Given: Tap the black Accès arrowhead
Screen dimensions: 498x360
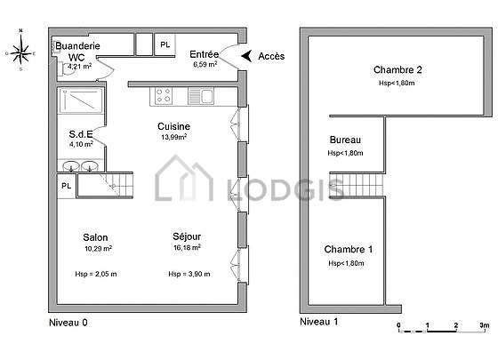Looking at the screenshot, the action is click(x=246, y=56).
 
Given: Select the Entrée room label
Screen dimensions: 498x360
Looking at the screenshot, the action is click(x=205, y=54).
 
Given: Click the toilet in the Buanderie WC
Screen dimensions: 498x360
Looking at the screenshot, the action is click(x=67, y=69).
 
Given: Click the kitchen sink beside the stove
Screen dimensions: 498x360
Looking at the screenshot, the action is click(x=201, y=96).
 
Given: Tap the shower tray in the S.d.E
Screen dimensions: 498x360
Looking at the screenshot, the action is click(x=81, y=100).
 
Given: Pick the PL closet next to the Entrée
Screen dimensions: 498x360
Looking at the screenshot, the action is click(x=165, y=44).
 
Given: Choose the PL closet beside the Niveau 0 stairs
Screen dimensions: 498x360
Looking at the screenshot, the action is click(x=67, y=186).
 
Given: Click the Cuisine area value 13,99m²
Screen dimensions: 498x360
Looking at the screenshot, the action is click(x=173, y=137).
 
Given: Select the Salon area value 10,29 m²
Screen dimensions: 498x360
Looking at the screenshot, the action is click(x=98, y=249).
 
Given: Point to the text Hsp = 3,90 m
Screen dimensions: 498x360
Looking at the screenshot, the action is click(x=189, y=274).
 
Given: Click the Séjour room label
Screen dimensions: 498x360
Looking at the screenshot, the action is click(x=187, y=236).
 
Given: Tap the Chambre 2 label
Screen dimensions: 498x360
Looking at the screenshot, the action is click(x=398, y=69).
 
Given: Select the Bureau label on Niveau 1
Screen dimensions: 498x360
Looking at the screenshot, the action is click(x=345, y=140).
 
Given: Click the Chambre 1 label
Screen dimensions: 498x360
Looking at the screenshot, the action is click(x=349, y=249).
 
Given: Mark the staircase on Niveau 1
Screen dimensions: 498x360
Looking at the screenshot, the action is click(x=357, y=185).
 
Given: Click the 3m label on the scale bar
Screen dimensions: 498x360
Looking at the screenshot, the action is click(x=485, y=325).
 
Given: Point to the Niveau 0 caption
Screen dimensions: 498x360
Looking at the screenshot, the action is click(x=68, y=323).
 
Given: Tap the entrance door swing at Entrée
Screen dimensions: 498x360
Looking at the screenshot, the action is click(x=228, y=56).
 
